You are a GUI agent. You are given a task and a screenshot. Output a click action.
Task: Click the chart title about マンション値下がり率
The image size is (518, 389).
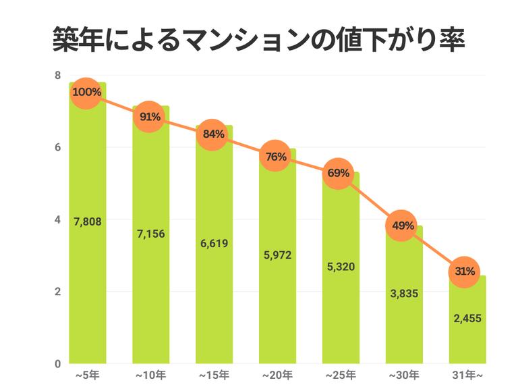point(259,40)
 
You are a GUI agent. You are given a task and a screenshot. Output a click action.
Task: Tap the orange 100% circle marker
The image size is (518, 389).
point(87,92)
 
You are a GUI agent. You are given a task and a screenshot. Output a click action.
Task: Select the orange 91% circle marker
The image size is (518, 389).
point(150,117)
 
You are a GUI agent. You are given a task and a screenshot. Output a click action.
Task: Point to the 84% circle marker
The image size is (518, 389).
point(213,134)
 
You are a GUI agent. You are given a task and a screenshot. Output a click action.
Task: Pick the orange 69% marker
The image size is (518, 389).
point(339,174)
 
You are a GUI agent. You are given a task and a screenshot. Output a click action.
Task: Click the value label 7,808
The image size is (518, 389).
point(88,222)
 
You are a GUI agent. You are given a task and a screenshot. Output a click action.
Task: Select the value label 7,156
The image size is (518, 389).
point(150,234)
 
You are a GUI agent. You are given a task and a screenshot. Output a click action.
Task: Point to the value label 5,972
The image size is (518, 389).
point(277,255)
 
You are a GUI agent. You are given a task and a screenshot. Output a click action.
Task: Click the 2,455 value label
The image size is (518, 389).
point(467,319)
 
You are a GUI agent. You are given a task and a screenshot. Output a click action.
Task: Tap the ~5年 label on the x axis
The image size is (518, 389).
point(87,373)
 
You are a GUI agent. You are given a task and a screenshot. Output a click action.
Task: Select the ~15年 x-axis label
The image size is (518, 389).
point(213,373)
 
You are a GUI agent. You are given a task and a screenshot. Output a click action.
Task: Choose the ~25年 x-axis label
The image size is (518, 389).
point(339,373)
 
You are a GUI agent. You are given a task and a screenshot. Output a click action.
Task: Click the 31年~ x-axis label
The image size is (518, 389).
point(466,373)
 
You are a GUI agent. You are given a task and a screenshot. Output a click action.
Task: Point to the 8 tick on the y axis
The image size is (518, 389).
point(58,75)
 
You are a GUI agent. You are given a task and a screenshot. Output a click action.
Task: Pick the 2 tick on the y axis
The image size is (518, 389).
point(58,292)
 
